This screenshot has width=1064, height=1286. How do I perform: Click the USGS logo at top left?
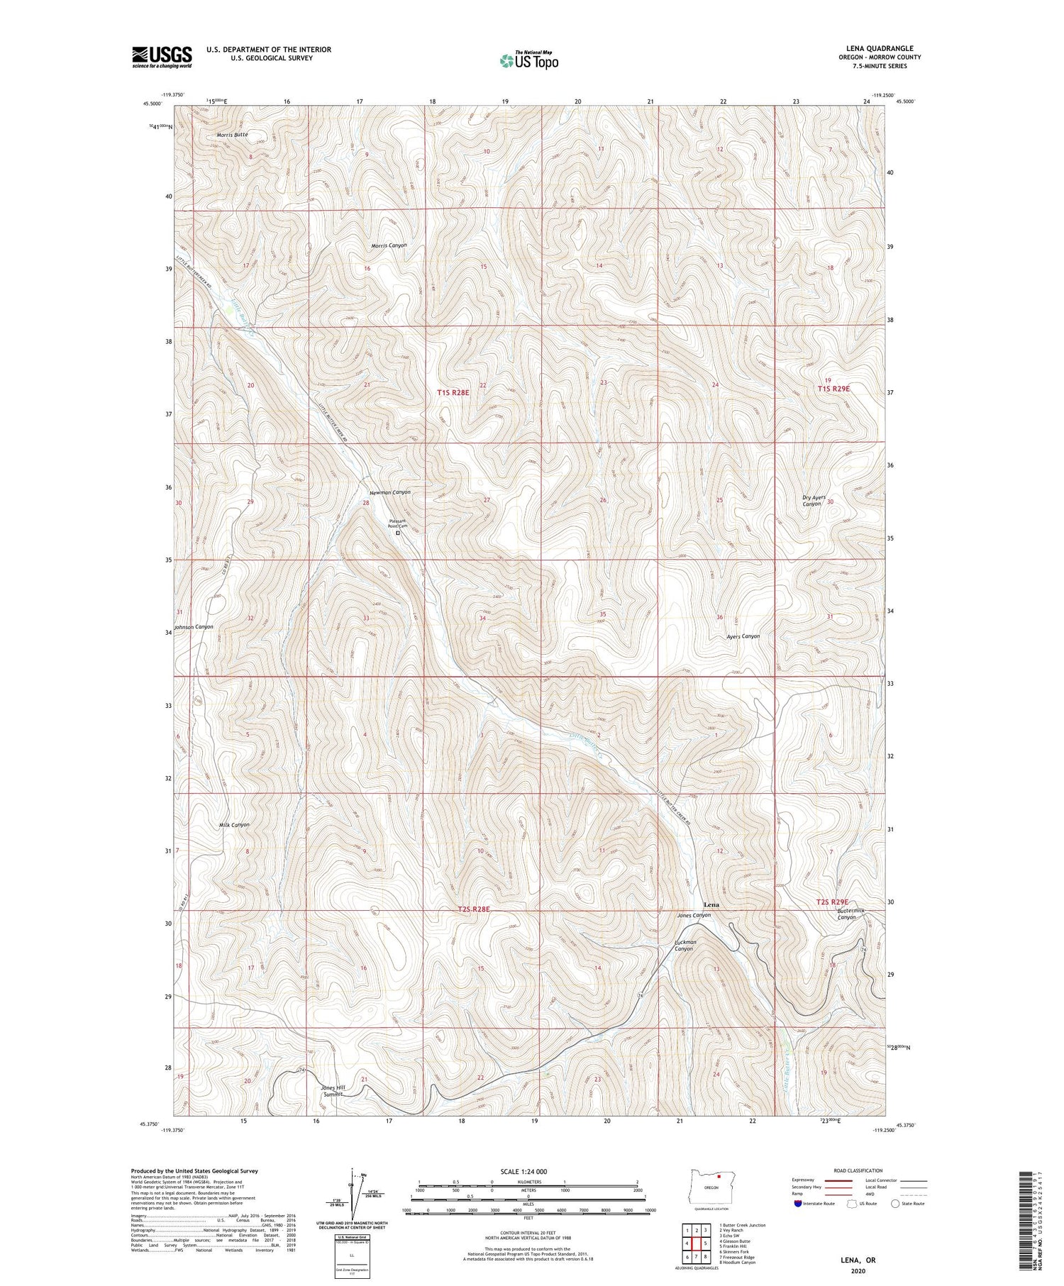tap(162, 57)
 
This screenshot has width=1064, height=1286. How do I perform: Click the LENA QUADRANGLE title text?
tap(877, 48)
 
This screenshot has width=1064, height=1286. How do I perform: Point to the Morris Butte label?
tap(233, 134)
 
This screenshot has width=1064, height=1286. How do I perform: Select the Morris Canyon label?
tap(389, 245)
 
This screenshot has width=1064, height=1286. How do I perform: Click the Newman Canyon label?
tap(389, 492)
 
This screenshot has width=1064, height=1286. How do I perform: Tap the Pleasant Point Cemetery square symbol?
tap(397, 533)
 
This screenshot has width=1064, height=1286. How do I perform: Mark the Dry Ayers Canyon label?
tap(814, 500)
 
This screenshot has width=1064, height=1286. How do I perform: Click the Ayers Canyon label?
tap(743, 636)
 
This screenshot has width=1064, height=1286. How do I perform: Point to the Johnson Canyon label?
tap(194, 627)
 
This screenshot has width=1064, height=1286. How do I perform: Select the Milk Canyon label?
tap(234, 825)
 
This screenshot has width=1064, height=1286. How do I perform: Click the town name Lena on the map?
tap(711, 905)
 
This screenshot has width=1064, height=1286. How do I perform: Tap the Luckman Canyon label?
tap(685, 946)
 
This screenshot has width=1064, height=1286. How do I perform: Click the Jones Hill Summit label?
tap(332, 1090)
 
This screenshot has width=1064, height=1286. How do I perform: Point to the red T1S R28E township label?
tap(453, 392)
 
